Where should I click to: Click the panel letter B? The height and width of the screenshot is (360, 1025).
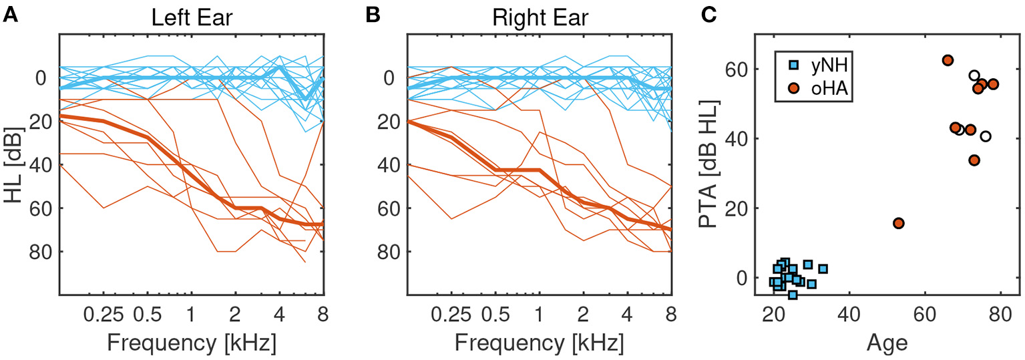click(369, 15)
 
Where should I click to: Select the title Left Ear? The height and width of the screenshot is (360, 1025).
click(192, 17)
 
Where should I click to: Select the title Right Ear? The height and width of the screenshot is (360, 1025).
click(540, 17)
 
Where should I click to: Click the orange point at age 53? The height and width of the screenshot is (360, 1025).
click(899, 223)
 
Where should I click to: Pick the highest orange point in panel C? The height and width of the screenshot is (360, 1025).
click(948, 60)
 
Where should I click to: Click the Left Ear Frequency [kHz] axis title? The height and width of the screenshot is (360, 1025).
click(192, 343)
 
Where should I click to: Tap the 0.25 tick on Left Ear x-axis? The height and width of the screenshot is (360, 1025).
click(104, 313)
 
